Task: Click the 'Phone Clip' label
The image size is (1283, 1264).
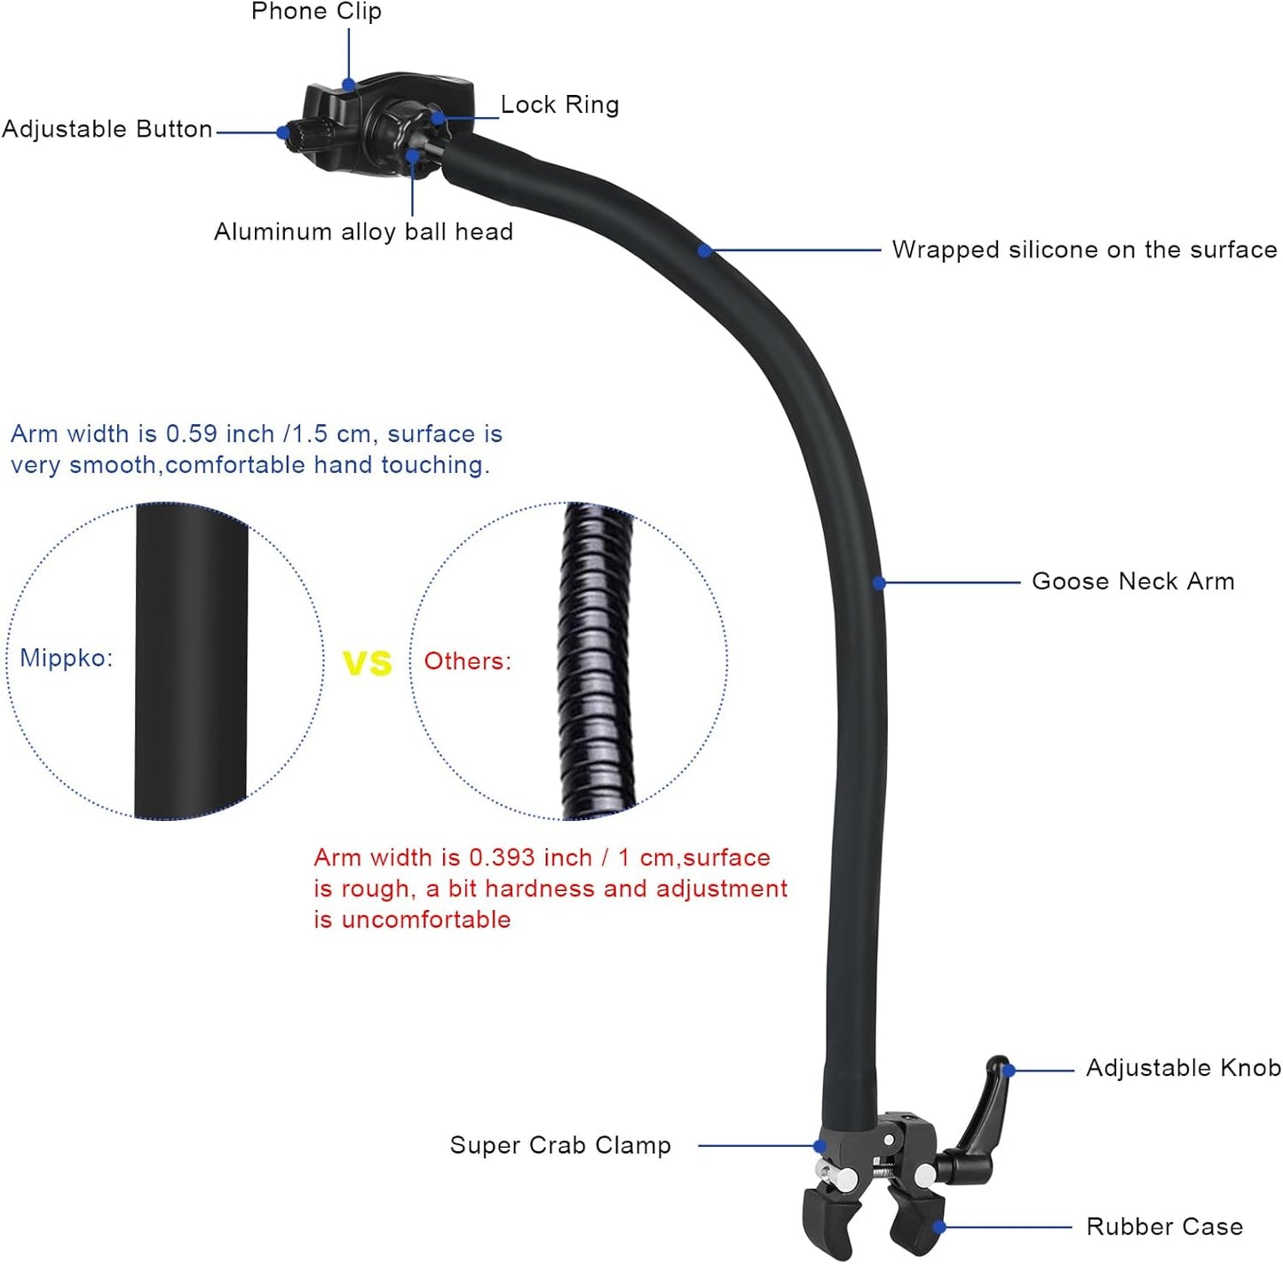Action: tap(316, 12)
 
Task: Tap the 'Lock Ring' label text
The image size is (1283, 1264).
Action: tap(559, 105)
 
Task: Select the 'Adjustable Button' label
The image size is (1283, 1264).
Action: tap(107, 130)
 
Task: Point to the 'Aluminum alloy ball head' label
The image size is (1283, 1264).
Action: tap(363, 232)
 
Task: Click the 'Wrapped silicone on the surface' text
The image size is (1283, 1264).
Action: tap(1084, 249)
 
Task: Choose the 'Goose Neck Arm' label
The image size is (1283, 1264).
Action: tap(1133, 581)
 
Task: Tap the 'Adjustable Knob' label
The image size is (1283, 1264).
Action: tap(1183, 1068)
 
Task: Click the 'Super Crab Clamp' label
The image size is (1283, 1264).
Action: tap(560, 1145)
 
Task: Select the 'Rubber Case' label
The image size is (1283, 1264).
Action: tap(1164, 1227)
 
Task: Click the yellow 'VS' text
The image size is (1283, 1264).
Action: tap(368, 663)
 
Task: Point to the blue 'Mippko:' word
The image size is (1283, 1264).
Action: tap(67, 658)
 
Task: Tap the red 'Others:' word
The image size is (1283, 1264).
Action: tap(468, 661)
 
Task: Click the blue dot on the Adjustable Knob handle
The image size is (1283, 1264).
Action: tap(1008, 1070)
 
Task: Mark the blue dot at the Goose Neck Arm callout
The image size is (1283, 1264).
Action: tap(879, 583)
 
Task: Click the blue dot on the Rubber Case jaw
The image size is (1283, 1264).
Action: tap(939, 1227)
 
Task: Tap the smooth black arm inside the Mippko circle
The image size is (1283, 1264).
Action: tap(191, 661)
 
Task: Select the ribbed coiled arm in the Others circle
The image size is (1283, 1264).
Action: tap(597, 661)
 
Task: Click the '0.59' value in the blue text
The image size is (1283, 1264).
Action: tap(191, 434)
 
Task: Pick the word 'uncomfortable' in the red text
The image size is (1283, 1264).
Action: tap(426, 920)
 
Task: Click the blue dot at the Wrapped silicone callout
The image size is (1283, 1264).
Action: tap(704, 251)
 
